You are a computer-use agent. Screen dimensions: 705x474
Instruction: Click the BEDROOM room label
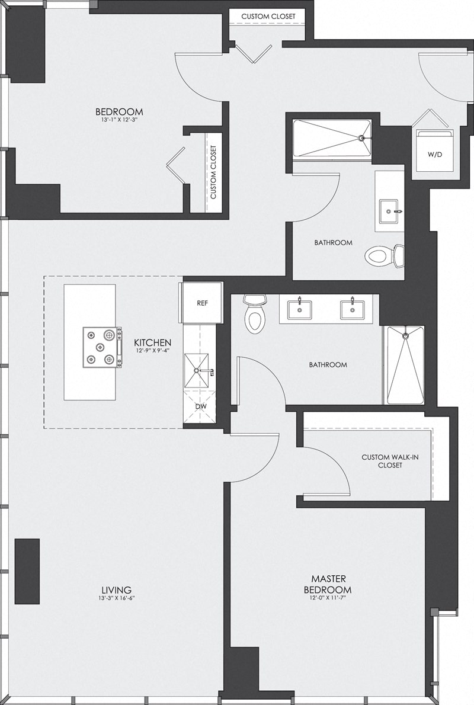point(119,111)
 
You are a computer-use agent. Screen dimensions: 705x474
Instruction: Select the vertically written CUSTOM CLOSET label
point(213,173)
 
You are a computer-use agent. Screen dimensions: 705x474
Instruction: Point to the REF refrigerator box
point(202,303)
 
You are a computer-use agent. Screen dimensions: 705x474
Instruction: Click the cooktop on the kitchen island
point(101,347)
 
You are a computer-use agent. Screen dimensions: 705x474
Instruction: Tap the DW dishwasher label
point(202,407)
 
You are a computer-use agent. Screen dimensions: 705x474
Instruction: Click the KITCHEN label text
point(153,342)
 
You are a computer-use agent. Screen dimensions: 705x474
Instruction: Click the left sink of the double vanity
point(300,309)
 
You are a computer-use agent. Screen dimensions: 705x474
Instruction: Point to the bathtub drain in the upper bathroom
point(361,139)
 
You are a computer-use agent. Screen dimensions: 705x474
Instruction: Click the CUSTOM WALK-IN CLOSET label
point(382,461)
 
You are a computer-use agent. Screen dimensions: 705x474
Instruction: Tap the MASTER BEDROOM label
point(328,584)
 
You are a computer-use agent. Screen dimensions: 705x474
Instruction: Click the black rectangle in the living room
point(27,571)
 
